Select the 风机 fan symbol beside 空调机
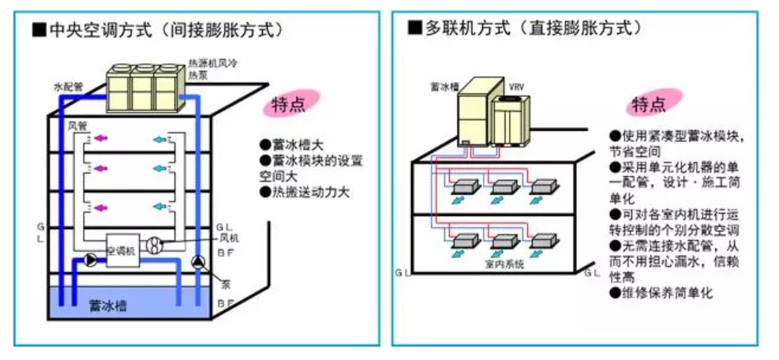coord(156,246)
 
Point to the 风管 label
coord(77,126)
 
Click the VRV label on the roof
coord(516,86)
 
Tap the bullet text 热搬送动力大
coord(306,191)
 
